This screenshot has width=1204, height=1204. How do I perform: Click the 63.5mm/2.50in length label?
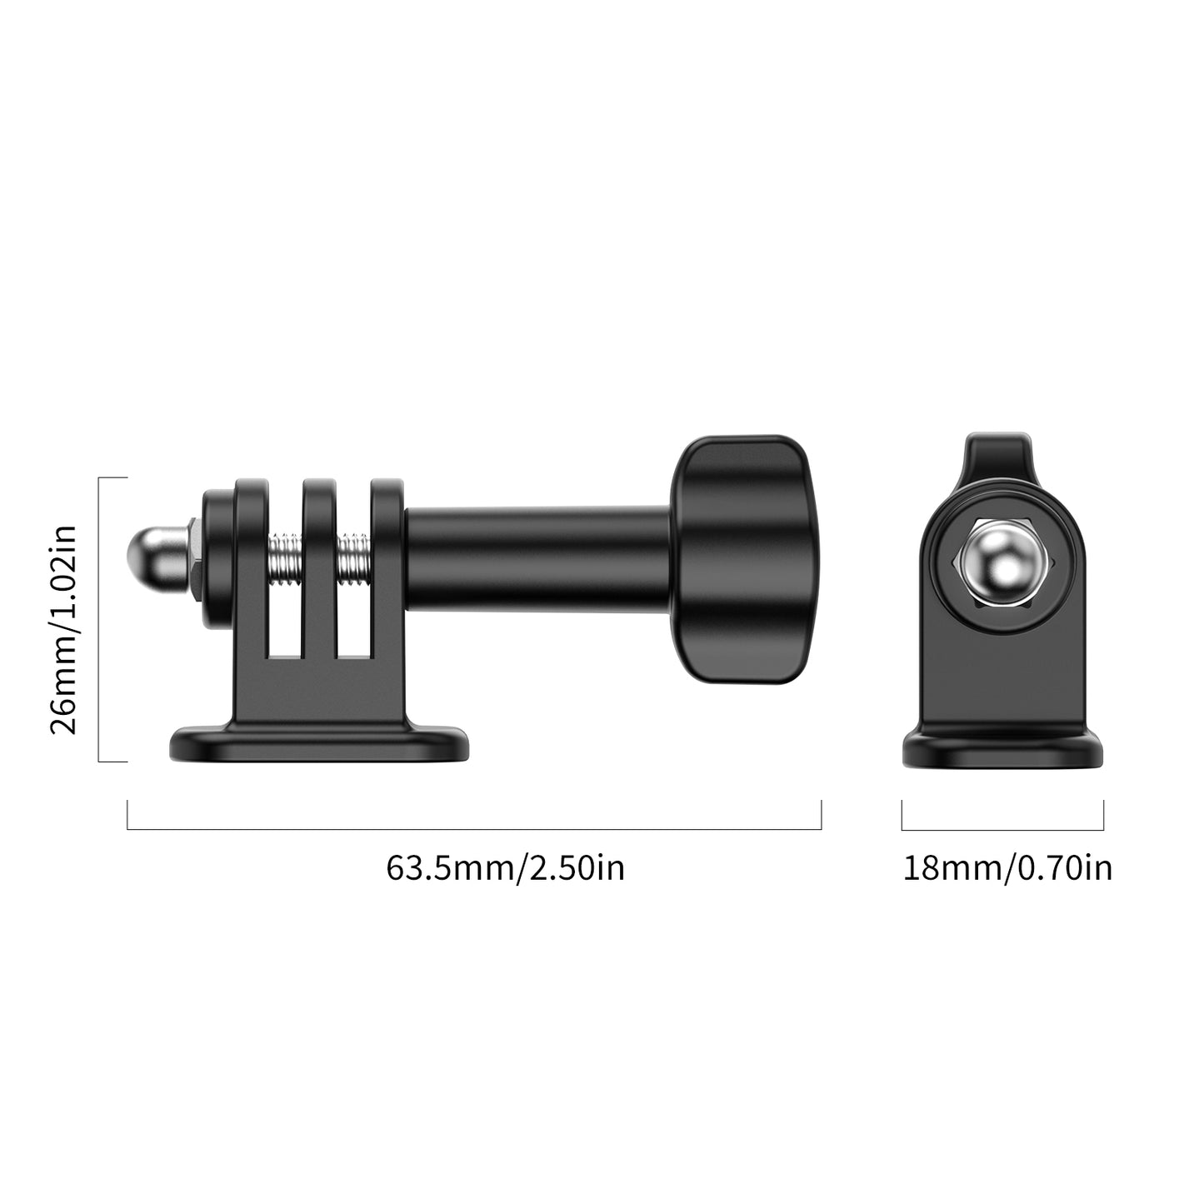(x=505, y=868)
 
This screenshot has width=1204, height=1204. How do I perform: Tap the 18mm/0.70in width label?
(x=1007, y=868)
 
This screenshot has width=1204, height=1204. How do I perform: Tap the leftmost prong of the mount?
(x=250, y=567)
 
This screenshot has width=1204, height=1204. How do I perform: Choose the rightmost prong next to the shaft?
(x=387, y=567)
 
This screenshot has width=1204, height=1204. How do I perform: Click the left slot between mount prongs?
(x=285, y=617)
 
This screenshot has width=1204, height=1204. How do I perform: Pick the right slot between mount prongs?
(x=353, y=617)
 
